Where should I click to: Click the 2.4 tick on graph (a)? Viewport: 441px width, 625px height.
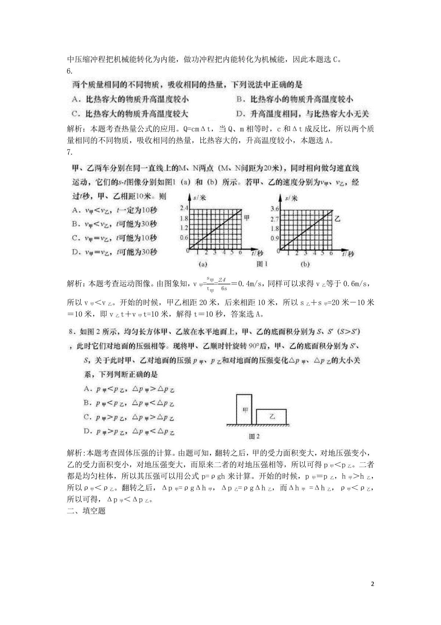pyautogui.click(x=184, y=208)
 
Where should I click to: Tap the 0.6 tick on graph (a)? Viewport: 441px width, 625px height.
pyautogui.click(x=184, y=237)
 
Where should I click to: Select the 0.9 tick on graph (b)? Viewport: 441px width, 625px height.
pyautogui.click(x=275, y=238)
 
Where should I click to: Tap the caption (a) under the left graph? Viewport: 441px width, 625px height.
pyautogui.click(x=202, y=264)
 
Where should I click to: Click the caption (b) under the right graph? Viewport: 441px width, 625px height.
pyautogui.click(x=305, y=264)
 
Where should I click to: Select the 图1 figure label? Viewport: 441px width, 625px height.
pyautogui.click(x=262, y=264)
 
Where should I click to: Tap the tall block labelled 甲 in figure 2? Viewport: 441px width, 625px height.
pyautogui.click(x=244, y=409)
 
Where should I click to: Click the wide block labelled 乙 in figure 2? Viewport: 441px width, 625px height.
pyautogui.click(x=272, y=416)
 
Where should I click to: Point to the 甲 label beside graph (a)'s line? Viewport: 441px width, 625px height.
pyautogui.click(x=247, y=218)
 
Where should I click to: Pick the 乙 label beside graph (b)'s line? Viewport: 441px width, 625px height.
pyautogui.click(x=338, y=218)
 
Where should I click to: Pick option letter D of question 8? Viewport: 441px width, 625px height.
pyautogui.click(x=87, y=431)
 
